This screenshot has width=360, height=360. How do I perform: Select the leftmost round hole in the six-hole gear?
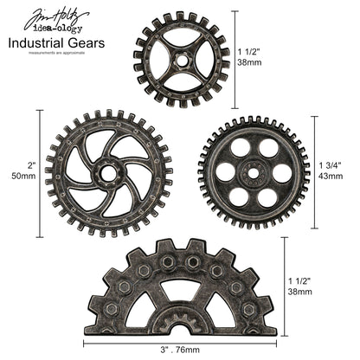[x=225, y=172]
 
